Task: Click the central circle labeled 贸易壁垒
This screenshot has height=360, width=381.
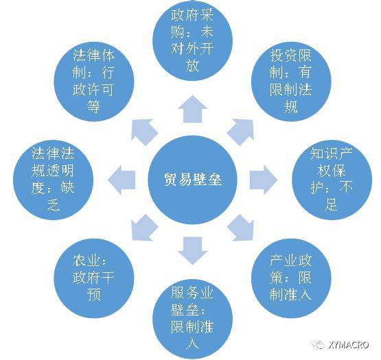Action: [x=192, y=180]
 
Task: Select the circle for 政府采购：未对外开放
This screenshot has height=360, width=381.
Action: [x=192, y=40]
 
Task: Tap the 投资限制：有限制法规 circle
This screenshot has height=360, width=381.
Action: [x=291, y=82]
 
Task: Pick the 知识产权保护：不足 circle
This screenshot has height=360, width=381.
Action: [x=332, y=180]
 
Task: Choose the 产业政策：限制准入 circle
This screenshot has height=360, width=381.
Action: [x=291, y=278]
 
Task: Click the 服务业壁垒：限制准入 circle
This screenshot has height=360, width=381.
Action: [x=192, y=319]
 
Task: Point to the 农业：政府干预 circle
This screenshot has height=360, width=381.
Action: [x=94, y=278]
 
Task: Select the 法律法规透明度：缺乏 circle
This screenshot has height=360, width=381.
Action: [x=54, y=180]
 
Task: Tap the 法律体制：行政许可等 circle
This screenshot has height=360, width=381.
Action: [x=94, y=82]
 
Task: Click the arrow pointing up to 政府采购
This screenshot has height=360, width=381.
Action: [x=192, y=109]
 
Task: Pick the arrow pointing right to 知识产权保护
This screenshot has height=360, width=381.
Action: [x=264, y=180]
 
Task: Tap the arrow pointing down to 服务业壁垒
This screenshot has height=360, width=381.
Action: [x=192, y=250]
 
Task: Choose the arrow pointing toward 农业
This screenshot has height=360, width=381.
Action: [x=143, y=228]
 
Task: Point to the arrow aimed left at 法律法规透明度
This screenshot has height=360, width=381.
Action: [x=122, y=180]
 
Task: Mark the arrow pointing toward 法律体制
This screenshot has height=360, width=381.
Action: [x=143, y=131]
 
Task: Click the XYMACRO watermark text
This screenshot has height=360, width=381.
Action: [x=349, y=345]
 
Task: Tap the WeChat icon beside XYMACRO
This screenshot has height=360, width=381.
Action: [x=319, y=344]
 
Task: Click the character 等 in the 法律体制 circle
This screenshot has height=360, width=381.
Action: [x=94, y=106]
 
